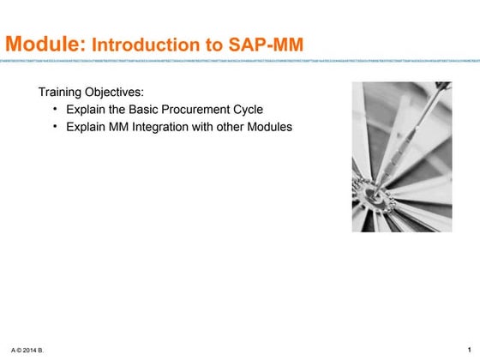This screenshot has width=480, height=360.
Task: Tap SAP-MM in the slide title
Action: [262, 44]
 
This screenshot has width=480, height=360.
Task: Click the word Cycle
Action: [246, 110]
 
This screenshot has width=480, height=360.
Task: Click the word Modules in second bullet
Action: [270, 128]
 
